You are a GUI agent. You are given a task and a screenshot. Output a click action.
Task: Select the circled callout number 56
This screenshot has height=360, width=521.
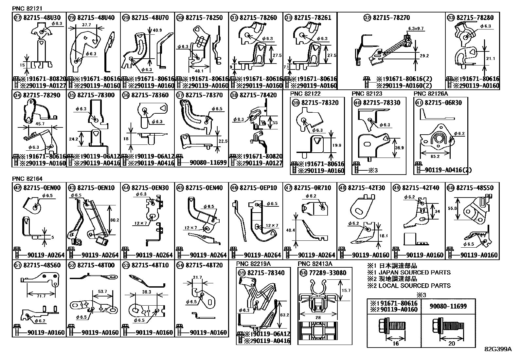pyautogui.click(x=303, y=273)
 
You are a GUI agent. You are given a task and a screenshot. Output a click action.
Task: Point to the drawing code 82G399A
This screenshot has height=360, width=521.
pyautogui.click(x=498, y=349)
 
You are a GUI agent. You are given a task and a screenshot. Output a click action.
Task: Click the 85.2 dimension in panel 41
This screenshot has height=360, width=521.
pyautogui.click(x=435, y=157)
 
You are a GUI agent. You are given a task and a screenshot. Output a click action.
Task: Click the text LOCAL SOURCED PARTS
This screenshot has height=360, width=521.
pyautogui.click(x=414, y=286)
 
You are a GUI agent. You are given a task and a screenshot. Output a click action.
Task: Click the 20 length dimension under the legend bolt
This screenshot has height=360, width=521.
pyautogui.click(x=451, y=343)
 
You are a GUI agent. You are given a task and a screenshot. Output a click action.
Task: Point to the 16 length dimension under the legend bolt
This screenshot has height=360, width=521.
pyautogui.click(x=395, y=343)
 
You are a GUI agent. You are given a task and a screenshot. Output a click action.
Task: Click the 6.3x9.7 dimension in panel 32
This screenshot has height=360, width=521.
pyautogui.click(x=416, y=29)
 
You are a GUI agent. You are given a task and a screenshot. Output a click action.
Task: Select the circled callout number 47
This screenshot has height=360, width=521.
pyautogui.click(x=288, y=188)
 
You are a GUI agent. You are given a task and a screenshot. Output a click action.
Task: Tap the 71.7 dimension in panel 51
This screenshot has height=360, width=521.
pyautogui.click(x=41, y=296)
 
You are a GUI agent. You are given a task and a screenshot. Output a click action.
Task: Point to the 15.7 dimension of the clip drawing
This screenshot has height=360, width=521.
pyautogui.click(x=346, y=291)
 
